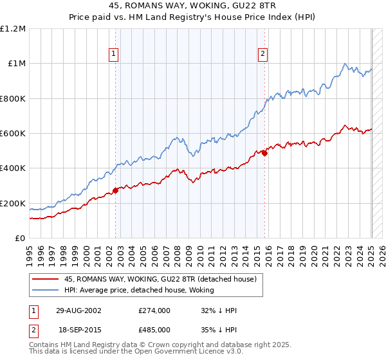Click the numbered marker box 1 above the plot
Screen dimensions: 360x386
[x=113, y=55]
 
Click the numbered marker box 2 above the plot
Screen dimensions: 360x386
[x=263, y=55]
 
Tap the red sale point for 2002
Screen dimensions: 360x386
[x=116, y=190]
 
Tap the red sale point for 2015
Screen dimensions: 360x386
[x=264, y=153]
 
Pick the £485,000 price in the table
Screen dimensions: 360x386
[x=154, y=330]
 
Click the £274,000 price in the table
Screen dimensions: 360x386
[x=154, y=310]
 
